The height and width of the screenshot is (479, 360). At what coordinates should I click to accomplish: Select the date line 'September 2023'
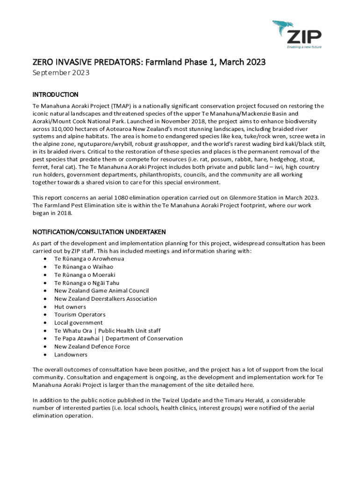pyautogui.click(x=61, y=73)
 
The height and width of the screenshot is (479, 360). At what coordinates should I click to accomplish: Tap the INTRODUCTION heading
pyautogui.click(x=55, y=94)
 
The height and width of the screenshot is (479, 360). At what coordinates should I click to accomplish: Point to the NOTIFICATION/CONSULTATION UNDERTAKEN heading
pyautogui.click(x=99, y=232)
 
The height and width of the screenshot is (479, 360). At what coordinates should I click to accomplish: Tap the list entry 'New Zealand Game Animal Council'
pyautogui.click(x=101, y=290)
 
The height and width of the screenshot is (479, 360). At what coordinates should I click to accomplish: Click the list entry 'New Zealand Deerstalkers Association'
pyautogui.click(x=106, y=298)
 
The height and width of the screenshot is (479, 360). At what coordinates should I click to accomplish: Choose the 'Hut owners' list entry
pyautogui.click(x=70, y=307)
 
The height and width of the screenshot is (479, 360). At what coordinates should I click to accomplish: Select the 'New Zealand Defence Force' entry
pyautogui.click(x=92, y=347)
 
